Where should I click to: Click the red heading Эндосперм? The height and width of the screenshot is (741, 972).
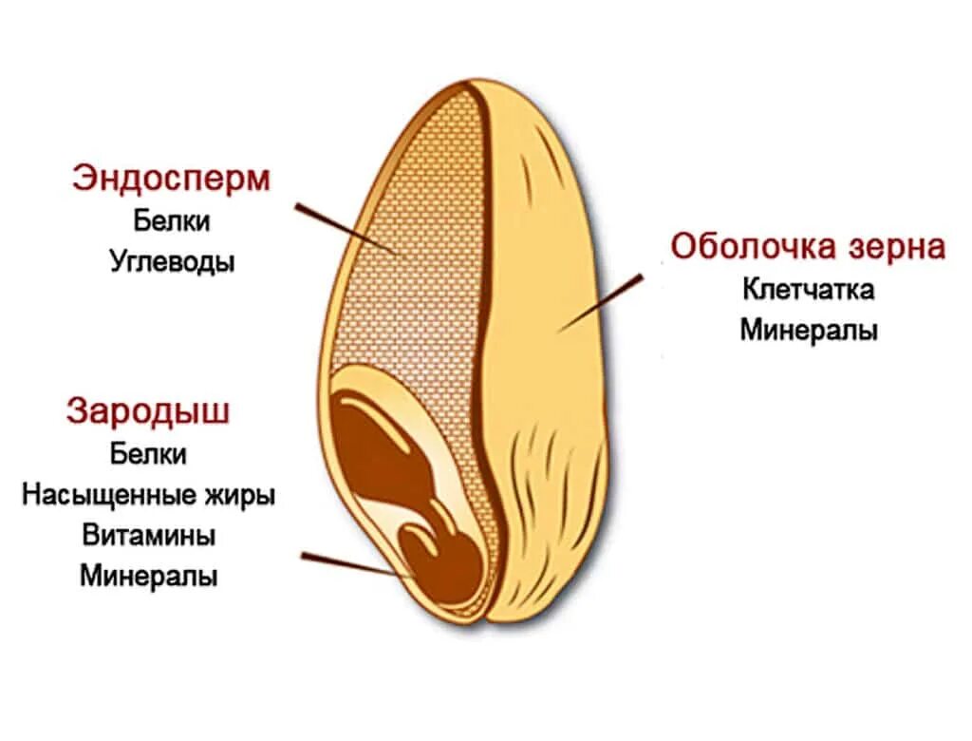[171, 180]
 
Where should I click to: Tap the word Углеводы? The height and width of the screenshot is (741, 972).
[171, 260]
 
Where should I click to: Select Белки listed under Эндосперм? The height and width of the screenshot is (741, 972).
[171, 221]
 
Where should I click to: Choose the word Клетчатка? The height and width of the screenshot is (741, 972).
[808, 289]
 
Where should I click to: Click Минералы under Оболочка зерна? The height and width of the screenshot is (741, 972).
[808, 331]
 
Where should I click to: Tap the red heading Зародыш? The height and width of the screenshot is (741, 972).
[148, 412]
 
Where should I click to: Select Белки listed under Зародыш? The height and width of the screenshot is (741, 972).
[148, 453]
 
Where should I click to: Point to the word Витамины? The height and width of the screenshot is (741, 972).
[148, 535]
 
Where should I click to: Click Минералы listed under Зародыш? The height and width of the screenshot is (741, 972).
[148, 576]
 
